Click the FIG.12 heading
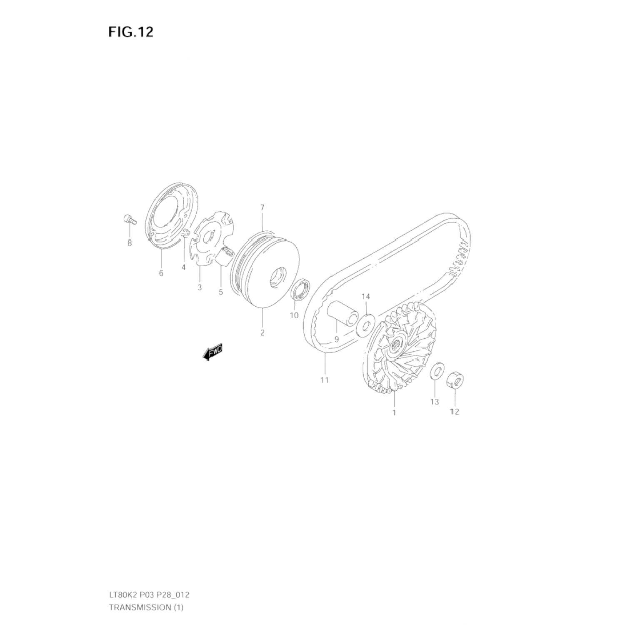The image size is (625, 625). click(x=131, y=32)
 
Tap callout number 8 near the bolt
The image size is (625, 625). click(x=130, y=243)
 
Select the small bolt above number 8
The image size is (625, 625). click(x=129, y=219)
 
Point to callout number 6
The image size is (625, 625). click(x=161, y=273)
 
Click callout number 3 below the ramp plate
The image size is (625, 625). click(x=200, y=287)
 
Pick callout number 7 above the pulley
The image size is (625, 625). click(x=262, y=207)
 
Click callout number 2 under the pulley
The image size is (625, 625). click(x=262, y=332)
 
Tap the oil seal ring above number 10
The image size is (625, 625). click(x=300, y=290)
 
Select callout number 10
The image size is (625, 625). click(x=294, y=315)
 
